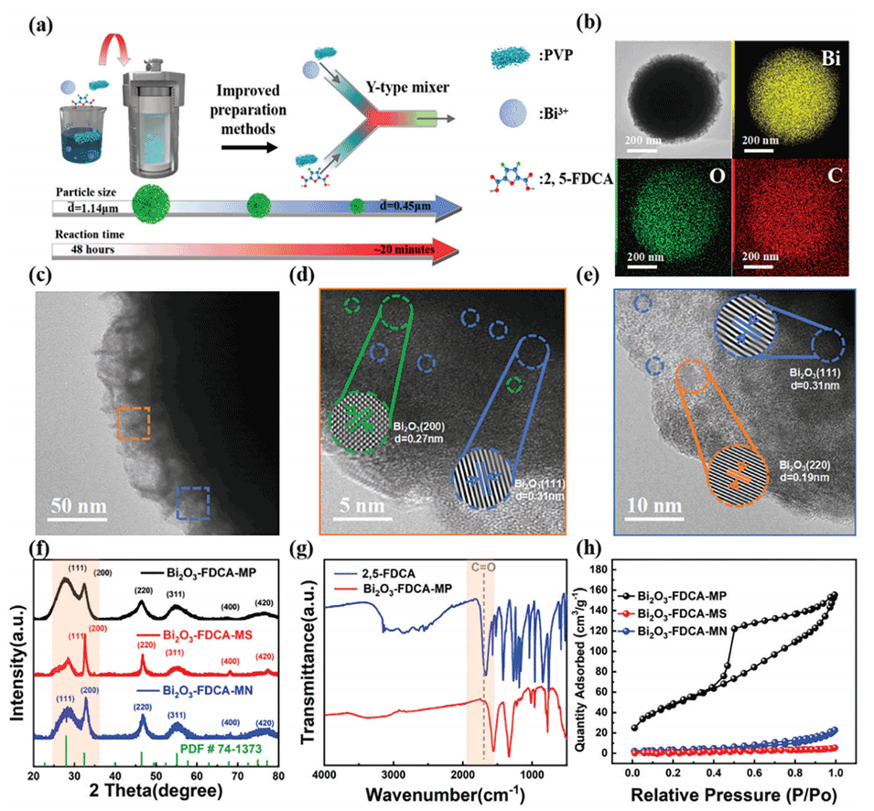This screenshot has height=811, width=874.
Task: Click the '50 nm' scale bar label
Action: [x=78, y=506]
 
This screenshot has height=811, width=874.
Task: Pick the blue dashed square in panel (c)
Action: [x=193, y=503]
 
